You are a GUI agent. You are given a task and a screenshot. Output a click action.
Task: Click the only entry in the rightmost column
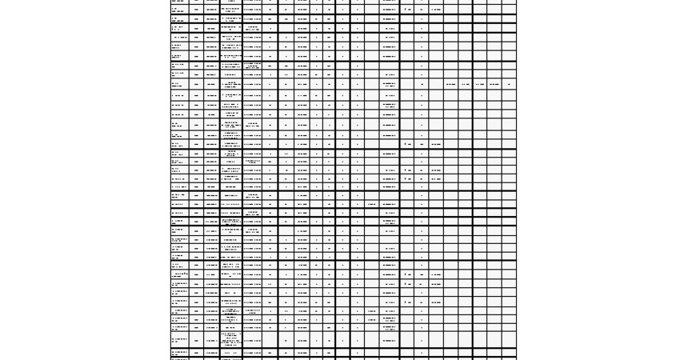click(x=509, y=84)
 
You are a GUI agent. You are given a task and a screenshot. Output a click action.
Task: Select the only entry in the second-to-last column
click(x=494, y=84)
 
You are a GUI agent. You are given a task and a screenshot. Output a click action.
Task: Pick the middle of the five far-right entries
click(x=479, y=84)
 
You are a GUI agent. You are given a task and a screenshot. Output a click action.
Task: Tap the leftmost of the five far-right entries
click(x=451, y=84)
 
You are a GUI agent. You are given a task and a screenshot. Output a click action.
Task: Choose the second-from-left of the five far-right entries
click(x=466, y=84)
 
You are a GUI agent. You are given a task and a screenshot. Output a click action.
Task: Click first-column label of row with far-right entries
click(x=177, y=84)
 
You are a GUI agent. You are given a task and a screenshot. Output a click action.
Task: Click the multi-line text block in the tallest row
click(x=230, y=340)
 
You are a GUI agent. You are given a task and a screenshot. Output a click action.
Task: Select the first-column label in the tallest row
click(x=179, y=340)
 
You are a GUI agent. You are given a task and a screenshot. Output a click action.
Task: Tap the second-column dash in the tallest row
click(x=197, y=340)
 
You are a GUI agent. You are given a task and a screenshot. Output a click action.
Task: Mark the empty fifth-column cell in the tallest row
click(x=270, y=340)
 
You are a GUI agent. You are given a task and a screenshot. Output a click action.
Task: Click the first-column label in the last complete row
click(x=179, y=352)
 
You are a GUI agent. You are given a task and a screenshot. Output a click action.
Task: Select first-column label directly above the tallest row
click(x=179, y=326)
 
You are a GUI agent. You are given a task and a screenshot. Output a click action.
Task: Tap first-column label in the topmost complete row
click(x=177, y=10)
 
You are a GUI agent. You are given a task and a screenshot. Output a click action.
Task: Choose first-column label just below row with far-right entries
click(x=177, y=95)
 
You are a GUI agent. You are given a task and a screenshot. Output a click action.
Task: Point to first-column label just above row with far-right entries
click(x=177, y=74)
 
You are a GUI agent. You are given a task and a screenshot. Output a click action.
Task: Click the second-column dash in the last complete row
click(x=197, y=352)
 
